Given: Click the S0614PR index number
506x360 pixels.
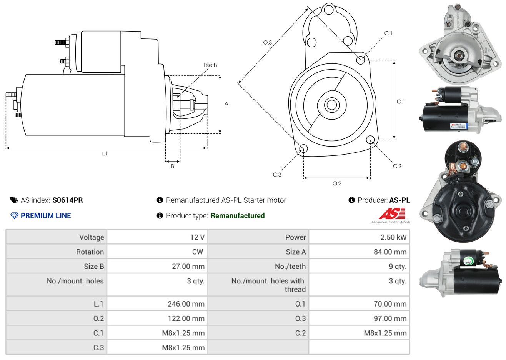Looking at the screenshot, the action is point(68,200).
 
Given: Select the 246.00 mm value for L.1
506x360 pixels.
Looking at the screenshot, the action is point(186,304).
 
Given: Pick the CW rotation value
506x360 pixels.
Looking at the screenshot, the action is point(197,252).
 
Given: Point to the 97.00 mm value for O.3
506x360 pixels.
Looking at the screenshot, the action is point(390,318).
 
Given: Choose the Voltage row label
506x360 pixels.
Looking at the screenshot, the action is point(92,237).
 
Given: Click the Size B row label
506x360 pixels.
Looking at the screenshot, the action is point(94,267).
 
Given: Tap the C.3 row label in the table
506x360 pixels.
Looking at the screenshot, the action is point(98,348).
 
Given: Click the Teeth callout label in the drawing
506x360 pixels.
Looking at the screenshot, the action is point(210,65).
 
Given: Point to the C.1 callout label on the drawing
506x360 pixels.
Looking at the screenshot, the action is point(388,33).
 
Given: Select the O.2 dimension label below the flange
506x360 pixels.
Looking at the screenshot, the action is point(337,183).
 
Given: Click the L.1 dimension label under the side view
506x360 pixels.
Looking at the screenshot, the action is point(104,154).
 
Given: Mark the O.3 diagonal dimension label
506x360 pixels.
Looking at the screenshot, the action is point(268,42).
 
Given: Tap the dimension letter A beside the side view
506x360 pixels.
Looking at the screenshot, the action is point(226,104).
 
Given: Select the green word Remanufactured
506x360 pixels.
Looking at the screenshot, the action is point(238,216).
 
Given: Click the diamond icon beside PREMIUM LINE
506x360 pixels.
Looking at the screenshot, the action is point(15,216).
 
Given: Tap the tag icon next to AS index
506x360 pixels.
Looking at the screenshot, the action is point(14,200).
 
